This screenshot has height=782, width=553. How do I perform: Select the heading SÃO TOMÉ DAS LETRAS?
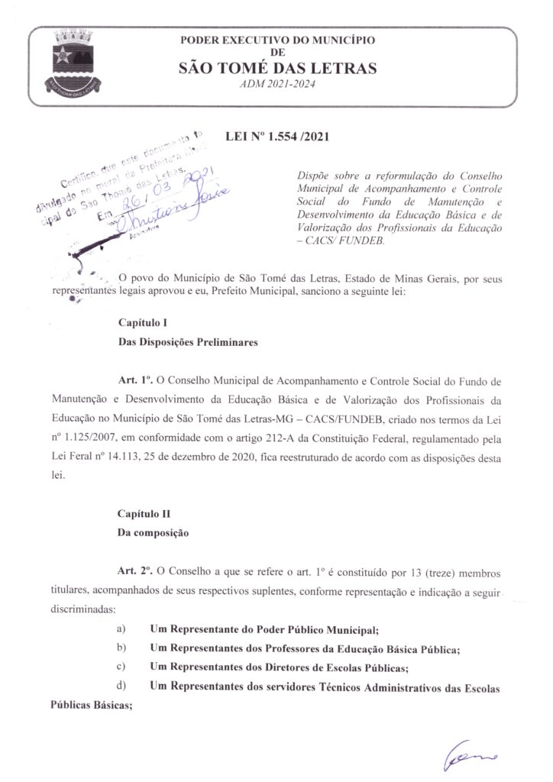pyautogui.click(x=277, y=69)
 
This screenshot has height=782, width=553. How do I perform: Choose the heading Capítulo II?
pyautogui.click(x=138, y=514)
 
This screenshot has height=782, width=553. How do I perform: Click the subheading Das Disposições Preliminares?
pyautogui.click(x=188, y=343)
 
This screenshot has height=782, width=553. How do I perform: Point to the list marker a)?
pyautogui.click(x=121, y=629)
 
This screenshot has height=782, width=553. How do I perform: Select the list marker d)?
pyautogui.click(x=121, y=687)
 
